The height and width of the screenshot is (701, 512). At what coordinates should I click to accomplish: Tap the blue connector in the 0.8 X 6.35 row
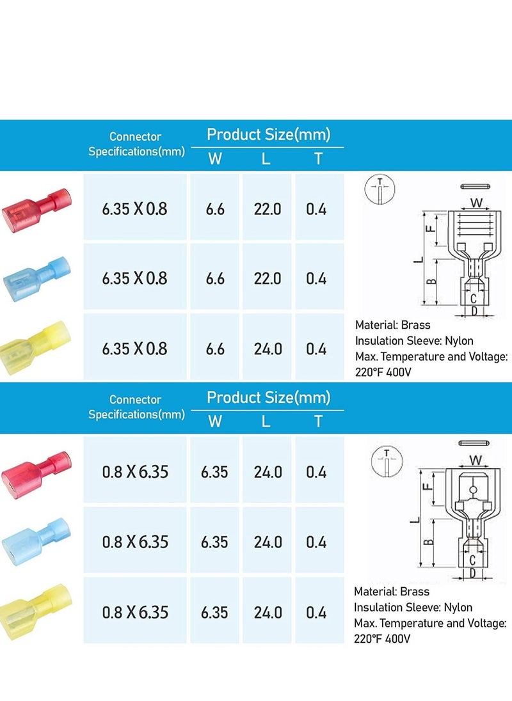(36, 540)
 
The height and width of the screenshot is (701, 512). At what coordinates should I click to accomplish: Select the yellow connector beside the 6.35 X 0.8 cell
(36, 347)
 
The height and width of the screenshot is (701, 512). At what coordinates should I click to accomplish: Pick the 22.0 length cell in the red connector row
(267, 209)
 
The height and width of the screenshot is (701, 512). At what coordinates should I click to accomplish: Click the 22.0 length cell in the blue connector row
(267, 278)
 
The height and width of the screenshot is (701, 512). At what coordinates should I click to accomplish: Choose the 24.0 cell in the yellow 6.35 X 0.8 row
(267, 349)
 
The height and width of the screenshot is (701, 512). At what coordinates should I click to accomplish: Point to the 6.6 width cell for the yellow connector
(215, 349)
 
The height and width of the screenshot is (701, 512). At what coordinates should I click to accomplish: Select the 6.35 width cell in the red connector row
(214, 472)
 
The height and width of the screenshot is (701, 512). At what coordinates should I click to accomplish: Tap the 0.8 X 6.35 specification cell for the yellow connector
(135, 612)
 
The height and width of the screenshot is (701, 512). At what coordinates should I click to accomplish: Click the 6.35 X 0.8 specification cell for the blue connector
(135, 278)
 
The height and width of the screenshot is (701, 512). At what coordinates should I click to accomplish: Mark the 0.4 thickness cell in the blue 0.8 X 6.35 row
(316, 542)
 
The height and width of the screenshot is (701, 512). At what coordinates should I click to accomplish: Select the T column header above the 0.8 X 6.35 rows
(319, 421)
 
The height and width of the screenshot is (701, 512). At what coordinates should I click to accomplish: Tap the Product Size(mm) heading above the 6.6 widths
(268, 134)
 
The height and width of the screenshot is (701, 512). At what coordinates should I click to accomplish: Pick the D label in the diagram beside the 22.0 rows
(474, 311)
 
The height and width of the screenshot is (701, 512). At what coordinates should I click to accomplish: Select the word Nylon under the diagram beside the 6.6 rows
(459, 341)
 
